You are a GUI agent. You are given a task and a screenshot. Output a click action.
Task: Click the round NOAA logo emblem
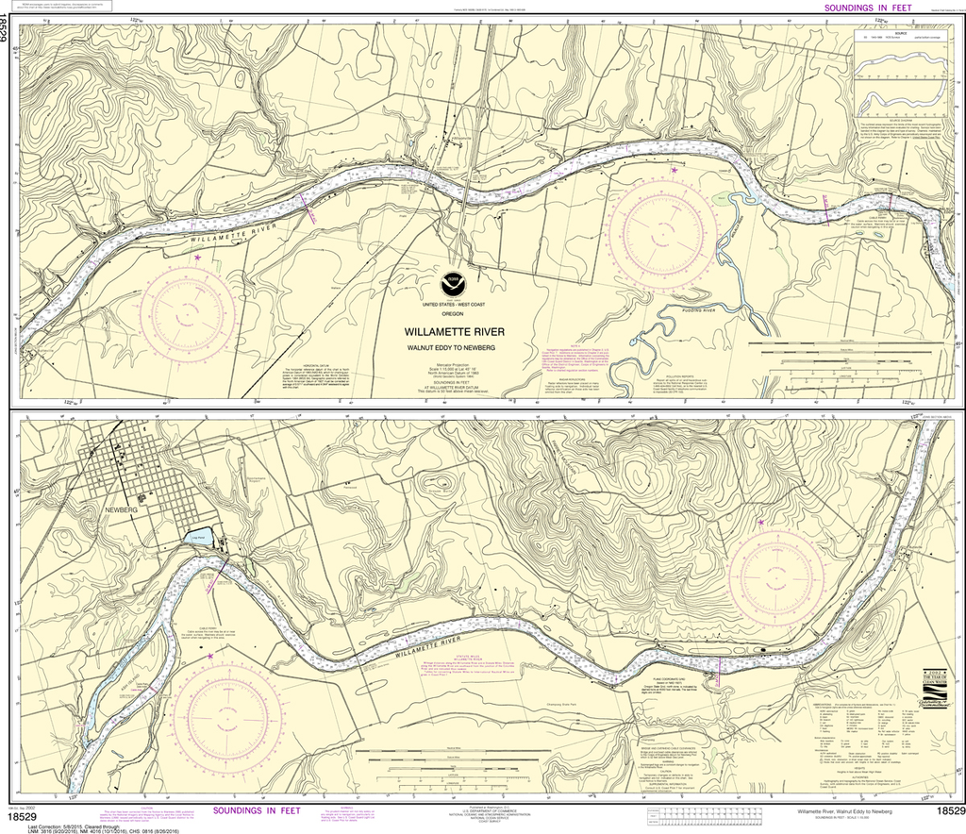click(456, 281)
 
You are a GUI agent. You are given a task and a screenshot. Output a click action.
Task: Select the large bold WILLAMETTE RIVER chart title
click(455, 332)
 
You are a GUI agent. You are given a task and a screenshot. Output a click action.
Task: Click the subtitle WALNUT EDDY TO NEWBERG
click(455, 347)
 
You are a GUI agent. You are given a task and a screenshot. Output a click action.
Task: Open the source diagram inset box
click(901, 71)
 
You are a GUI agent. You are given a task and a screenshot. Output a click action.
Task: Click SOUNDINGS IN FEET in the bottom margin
click(258, 809)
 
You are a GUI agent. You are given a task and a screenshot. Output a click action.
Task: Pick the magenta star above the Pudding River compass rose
click(675, 171)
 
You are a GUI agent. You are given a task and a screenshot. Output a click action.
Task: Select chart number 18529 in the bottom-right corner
click(949, 811)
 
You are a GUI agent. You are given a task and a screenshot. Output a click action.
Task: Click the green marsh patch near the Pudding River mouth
click(720, 198)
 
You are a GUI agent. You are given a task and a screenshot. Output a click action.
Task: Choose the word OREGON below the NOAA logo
click(455, 312)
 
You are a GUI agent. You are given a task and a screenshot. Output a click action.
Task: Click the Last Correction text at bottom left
click(57, 819)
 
